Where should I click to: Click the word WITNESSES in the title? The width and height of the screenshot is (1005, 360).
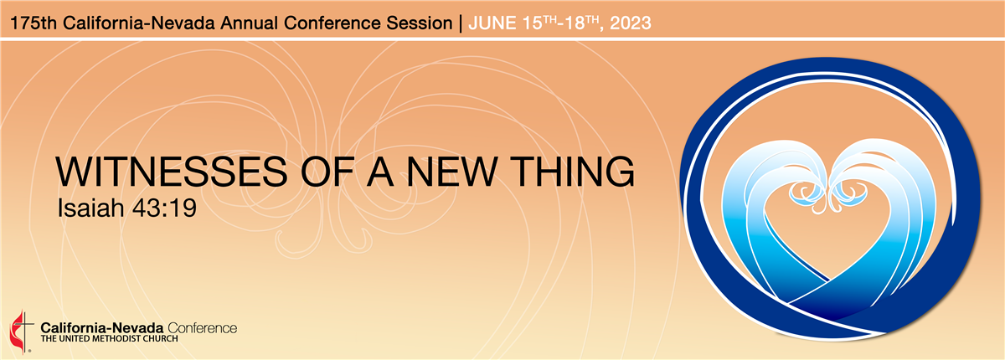point(171,172)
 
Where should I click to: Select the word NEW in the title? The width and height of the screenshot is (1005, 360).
point(451,172)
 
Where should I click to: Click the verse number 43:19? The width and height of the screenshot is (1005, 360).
point(165,208)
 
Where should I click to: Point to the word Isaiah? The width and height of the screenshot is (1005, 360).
point(90,208)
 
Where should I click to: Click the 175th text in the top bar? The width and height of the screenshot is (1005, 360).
point(33,23)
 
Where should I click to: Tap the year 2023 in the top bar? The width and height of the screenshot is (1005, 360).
point(631,23)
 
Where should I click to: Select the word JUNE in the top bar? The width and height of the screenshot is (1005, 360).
point(492,23)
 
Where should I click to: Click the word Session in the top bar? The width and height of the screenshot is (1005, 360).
point(420,23)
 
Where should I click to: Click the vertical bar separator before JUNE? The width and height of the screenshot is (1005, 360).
point(461,23)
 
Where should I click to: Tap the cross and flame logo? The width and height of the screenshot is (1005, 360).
point(22,331)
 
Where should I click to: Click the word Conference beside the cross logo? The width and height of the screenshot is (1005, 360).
point(203,328)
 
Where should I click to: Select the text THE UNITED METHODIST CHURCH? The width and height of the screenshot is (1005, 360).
point(109,339)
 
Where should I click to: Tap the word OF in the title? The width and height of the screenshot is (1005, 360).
point(327,172)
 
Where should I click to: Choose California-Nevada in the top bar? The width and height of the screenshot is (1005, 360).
point(139,23)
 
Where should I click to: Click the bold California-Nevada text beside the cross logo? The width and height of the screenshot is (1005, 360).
point(102,328)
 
